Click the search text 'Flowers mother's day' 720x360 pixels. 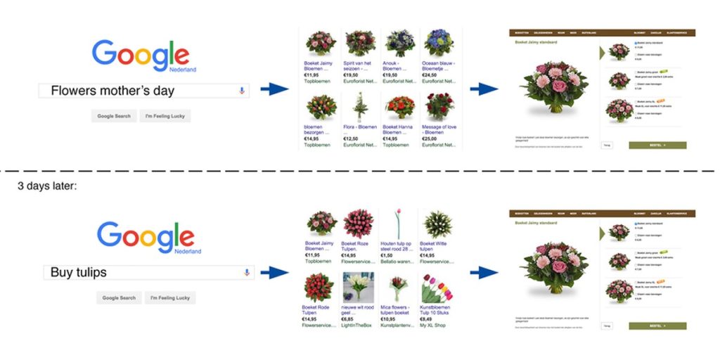(112, 91)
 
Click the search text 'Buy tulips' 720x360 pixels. (79, 272)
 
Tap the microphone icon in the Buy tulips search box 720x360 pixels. (246, 272)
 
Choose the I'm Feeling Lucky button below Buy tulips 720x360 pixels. (170, 298)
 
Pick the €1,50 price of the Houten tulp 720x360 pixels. (388, 255)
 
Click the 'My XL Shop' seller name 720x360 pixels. (437, 326)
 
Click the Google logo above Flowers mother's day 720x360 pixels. (141, 57)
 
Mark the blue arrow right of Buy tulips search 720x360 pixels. (274, 273)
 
